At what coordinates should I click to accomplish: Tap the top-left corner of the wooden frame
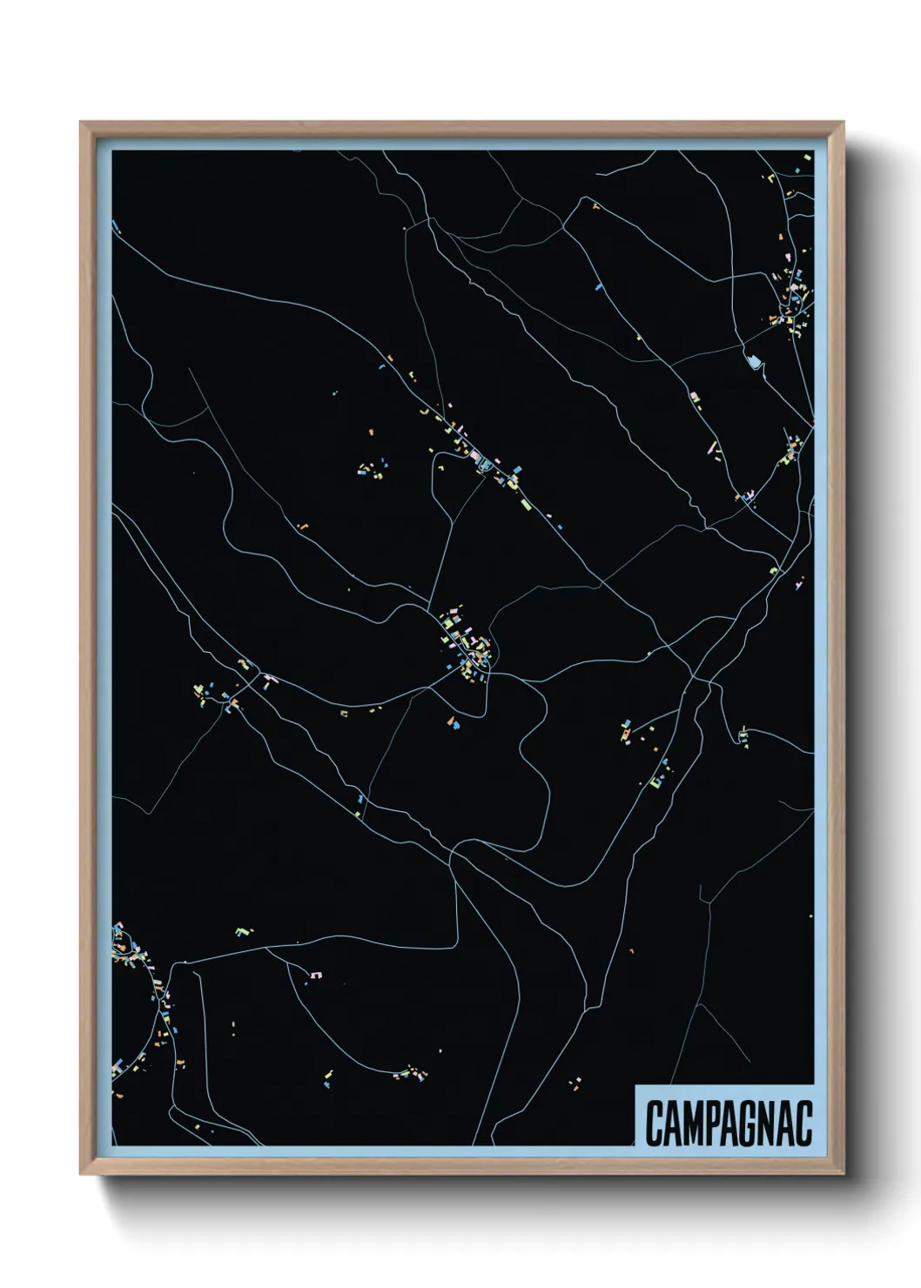(82, 124)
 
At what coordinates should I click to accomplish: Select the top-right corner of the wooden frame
(843, 124)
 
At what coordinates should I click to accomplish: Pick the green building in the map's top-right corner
(807, 157)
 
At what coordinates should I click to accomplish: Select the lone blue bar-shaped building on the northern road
(599, 285)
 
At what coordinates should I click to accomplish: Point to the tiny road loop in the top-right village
(795, 301)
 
